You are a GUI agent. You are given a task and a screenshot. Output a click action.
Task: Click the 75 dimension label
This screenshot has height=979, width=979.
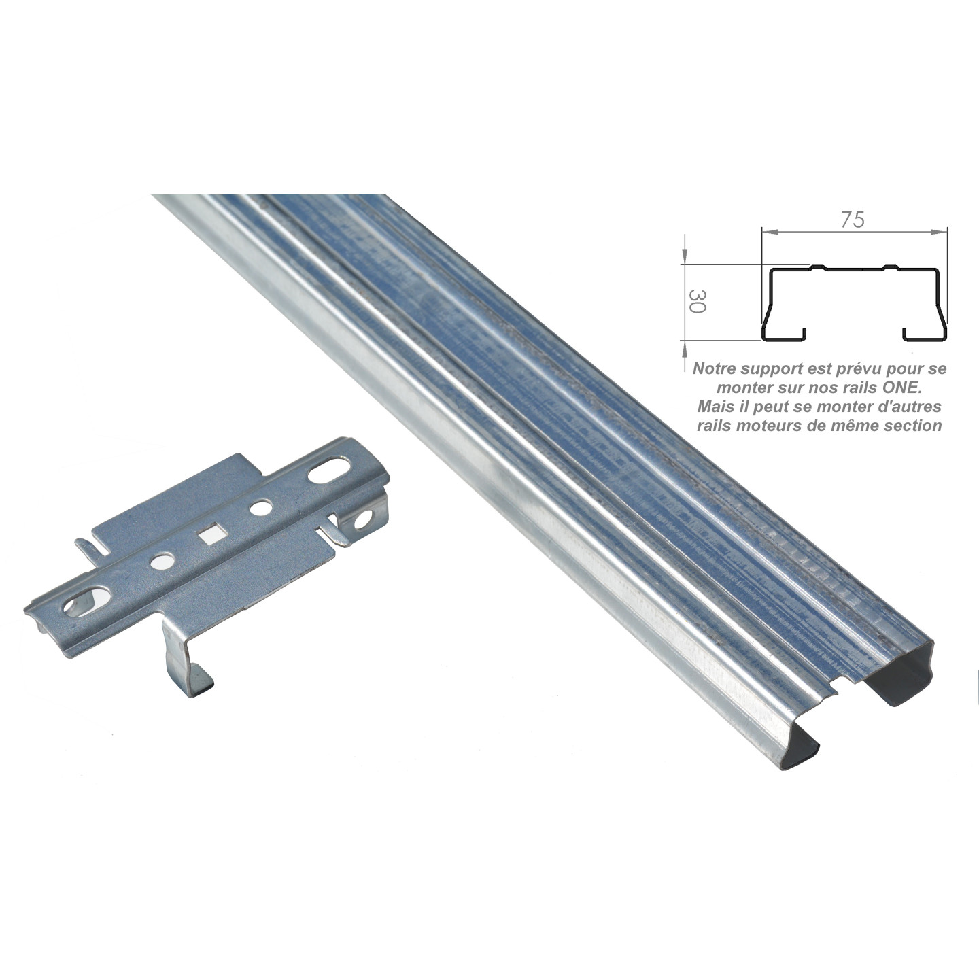pyautogui.click(x=853, y=220)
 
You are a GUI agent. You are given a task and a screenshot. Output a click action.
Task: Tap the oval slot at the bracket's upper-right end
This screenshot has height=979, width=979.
pyautogui.click(x=330, y=471)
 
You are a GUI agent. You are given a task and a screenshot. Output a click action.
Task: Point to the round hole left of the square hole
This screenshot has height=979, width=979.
pyautogui.click(x=161, y=562)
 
